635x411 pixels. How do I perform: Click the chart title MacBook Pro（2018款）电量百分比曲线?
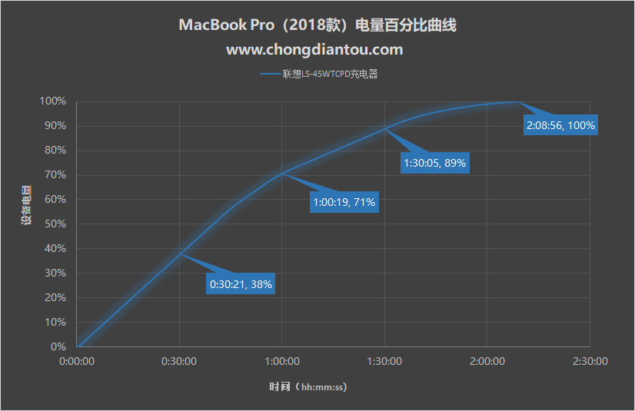click(x=317, y=25)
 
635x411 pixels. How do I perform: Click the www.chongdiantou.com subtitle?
click(x=314, y=50)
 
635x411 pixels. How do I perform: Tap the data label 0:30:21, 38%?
click(x=241, y=283)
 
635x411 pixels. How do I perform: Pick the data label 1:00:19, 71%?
click(x=343, y=203)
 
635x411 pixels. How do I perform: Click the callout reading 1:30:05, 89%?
click(x=434, y=163)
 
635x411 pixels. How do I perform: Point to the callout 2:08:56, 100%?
click(x=561, y=125)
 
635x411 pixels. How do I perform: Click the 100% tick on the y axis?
click(x=53, y=101)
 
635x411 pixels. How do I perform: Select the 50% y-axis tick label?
click(x=55, y=224)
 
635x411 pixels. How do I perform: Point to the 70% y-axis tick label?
click(x=55, y=175)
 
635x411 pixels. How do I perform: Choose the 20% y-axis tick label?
click(x=55, y=298)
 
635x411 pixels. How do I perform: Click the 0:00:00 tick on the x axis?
click(x=77, y=361)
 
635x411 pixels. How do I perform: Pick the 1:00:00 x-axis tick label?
click(x=281, y=361)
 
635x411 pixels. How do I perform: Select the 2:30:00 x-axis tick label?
click(x=590, y=361)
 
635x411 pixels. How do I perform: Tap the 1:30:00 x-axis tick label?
click(x=384, y=361)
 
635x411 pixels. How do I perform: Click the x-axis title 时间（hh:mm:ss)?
click(x=308, y=387)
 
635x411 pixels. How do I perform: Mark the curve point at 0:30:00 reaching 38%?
click(x=180, y=254)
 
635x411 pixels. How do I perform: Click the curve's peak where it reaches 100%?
click(x=517, y=101)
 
